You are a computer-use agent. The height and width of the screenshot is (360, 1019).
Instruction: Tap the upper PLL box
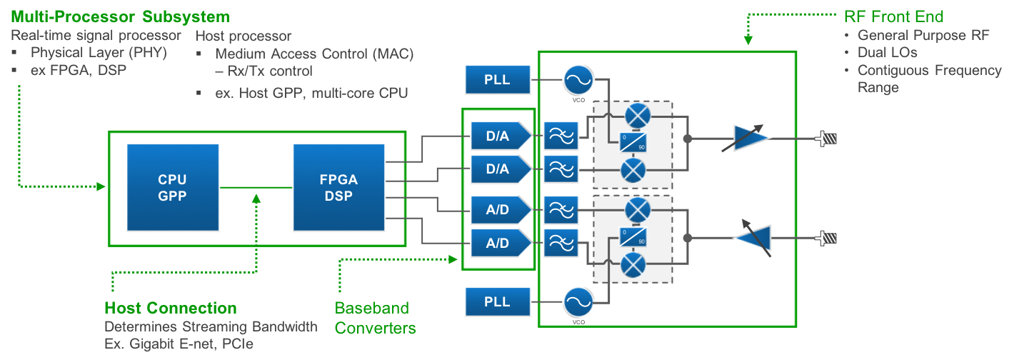tap(497, 79)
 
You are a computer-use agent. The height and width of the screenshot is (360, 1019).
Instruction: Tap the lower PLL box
tap(497, 301)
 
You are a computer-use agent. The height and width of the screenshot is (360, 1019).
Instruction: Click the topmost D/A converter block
tap(501, 134)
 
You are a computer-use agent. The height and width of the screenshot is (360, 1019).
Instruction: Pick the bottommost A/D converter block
tap(501, 243)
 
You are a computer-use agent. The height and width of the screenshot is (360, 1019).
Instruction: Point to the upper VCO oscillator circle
tap(578, 80)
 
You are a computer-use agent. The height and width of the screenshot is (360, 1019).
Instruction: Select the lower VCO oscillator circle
tap(578, 302)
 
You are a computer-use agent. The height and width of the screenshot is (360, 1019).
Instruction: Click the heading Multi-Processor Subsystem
tap(120, 16)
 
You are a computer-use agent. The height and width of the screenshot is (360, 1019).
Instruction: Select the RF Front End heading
tap(894, 16)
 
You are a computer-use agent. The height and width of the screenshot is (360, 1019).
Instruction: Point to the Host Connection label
tap(171, 309)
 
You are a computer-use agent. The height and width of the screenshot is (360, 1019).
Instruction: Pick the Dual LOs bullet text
tap(887, 52)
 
